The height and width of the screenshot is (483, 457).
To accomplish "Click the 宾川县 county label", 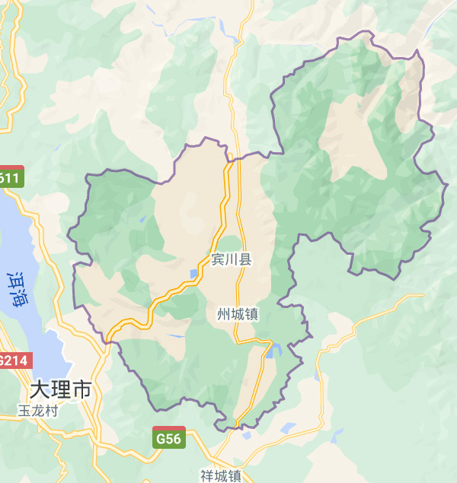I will point(232,260).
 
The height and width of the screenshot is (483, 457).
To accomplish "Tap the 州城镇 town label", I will point(238,314).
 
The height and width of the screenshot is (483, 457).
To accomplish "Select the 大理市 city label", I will point(60,390).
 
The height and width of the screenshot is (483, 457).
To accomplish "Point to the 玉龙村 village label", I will point(39,411).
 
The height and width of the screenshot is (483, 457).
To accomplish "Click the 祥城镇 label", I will point(221,476).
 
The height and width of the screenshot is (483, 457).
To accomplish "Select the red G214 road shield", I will point(14,361).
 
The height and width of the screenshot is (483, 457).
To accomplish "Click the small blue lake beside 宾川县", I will point(193,274).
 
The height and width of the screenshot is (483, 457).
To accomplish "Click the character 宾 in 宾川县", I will point(218,260).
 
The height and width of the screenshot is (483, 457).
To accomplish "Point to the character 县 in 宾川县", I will point(245,260).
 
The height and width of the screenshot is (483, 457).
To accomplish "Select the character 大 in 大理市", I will point(39,390).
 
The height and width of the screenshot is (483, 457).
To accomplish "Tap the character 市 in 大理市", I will point(81,390).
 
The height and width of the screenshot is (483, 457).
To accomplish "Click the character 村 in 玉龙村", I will point(52,411).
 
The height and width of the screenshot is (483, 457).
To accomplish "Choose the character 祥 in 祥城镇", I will point(207,476).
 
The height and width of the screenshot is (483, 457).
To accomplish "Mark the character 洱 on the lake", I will point(18,279).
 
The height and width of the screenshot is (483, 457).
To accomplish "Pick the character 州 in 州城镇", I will point(223,314).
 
